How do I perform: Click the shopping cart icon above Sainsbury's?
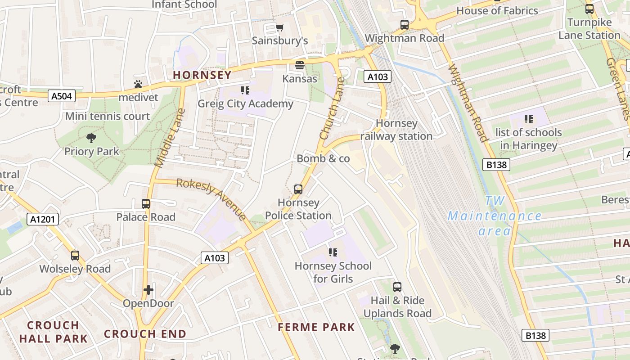(280, 27)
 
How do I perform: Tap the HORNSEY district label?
(202, 75)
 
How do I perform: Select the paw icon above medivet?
(138, 84)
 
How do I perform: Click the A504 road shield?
(61, 96)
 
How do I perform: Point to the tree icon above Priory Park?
(91, 138)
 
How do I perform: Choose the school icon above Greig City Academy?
(245, 90)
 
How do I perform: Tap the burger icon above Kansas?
(300, 65)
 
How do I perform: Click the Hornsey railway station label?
(396, 130)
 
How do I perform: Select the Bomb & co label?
(323, 158)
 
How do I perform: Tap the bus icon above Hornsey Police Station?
(298, 189)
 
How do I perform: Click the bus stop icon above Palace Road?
(146, 204)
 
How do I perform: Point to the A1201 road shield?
(43, 220)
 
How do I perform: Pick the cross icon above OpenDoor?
(148, 290)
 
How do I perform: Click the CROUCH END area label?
(145, 334)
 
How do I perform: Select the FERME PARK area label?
(316, 327)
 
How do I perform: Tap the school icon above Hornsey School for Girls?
(333, 252)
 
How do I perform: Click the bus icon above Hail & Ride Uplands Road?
(397, 287)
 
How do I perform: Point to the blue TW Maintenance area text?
(495, 216)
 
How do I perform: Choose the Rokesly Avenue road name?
(211, 198)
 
